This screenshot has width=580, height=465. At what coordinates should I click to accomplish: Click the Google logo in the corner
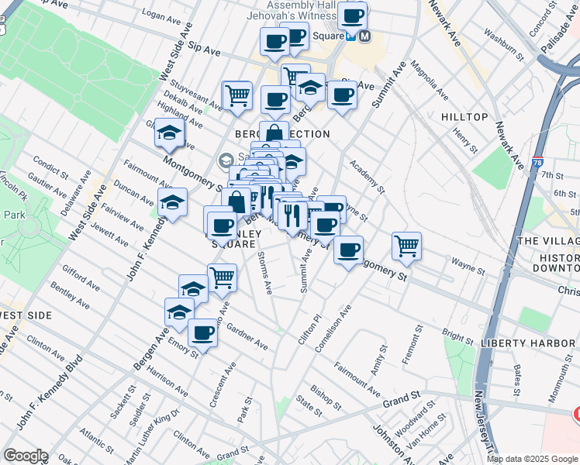tap(26, 456)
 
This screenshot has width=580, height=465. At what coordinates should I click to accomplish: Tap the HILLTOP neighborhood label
tap(464, 117)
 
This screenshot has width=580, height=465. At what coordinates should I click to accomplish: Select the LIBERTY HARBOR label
tap(527, 343)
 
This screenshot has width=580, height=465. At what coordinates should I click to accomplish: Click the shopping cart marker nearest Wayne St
tap(406, 246)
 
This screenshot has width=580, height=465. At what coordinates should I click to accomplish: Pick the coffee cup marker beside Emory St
tap(203, 333)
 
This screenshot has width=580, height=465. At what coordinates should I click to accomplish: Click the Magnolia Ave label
tap(430, 81)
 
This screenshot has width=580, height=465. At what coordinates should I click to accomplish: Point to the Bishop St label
tap(326, 395)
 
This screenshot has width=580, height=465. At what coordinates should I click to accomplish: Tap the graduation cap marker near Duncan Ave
tap(172, 204)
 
